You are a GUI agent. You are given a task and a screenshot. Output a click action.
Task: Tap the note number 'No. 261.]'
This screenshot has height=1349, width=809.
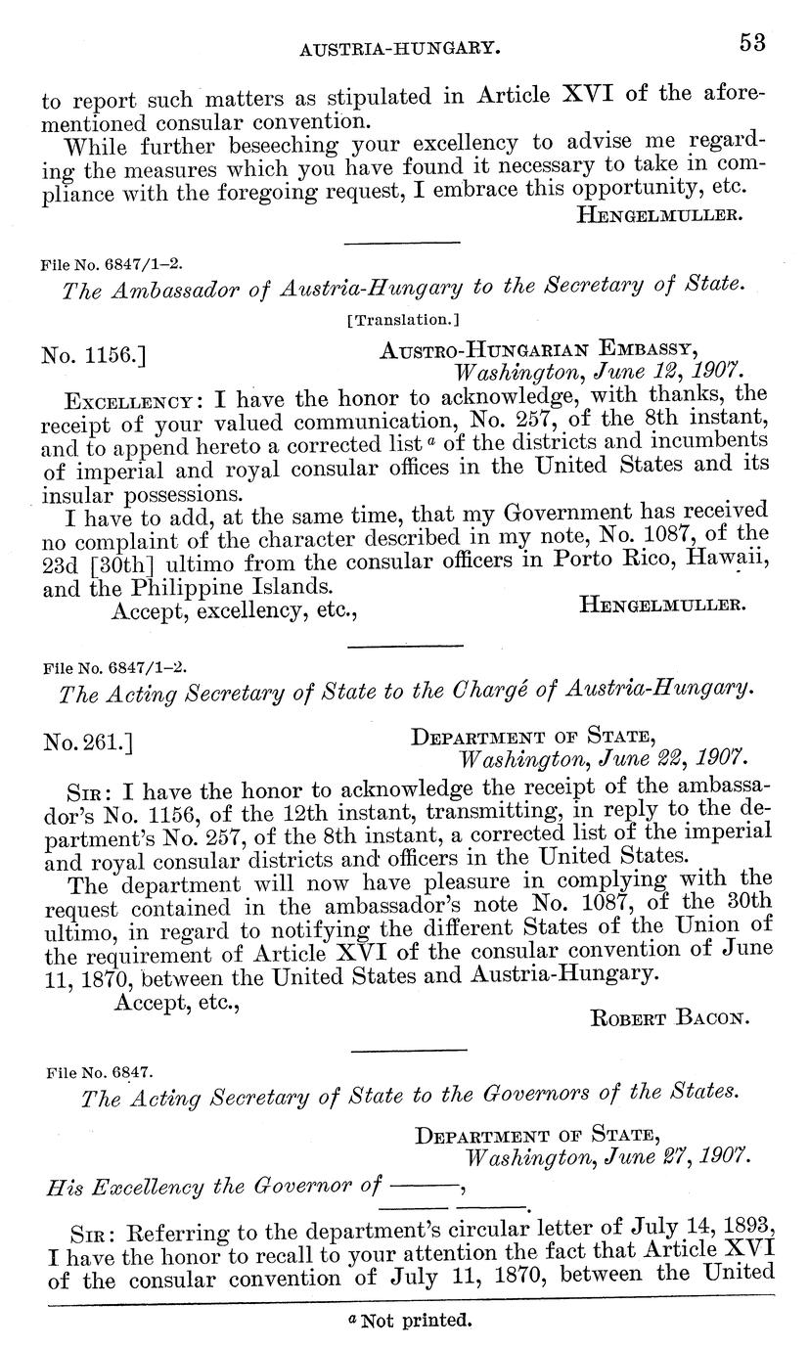(87, 743)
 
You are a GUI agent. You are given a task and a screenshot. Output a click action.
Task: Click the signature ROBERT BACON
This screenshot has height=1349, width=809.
(670, 1017)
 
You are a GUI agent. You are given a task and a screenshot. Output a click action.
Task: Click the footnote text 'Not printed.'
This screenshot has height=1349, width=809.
(416, 1321)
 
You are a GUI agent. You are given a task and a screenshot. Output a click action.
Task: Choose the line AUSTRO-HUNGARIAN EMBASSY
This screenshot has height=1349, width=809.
(537, 350)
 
